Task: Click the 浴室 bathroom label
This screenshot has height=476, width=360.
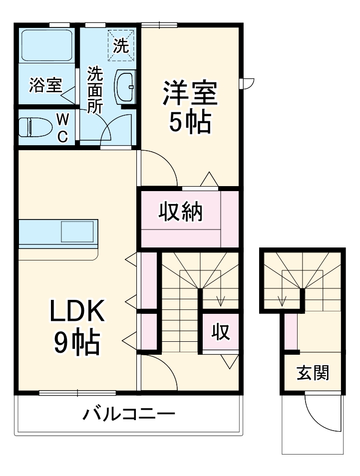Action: tap(45, 85)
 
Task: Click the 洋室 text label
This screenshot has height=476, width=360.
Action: tap(190, 94)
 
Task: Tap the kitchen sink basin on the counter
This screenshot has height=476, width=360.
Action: tap(77, 232)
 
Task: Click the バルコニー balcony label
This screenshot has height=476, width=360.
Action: tap(128, 414)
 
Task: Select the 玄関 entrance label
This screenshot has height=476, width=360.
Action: tap(313, 372)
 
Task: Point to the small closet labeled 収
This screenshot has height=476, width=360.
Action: tap(220, 331)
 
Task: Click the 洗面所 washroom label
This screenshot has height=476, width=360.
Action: tap(95, 90)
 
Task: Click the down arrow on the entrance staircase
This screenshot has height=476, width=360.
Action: tap(282, 300)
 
